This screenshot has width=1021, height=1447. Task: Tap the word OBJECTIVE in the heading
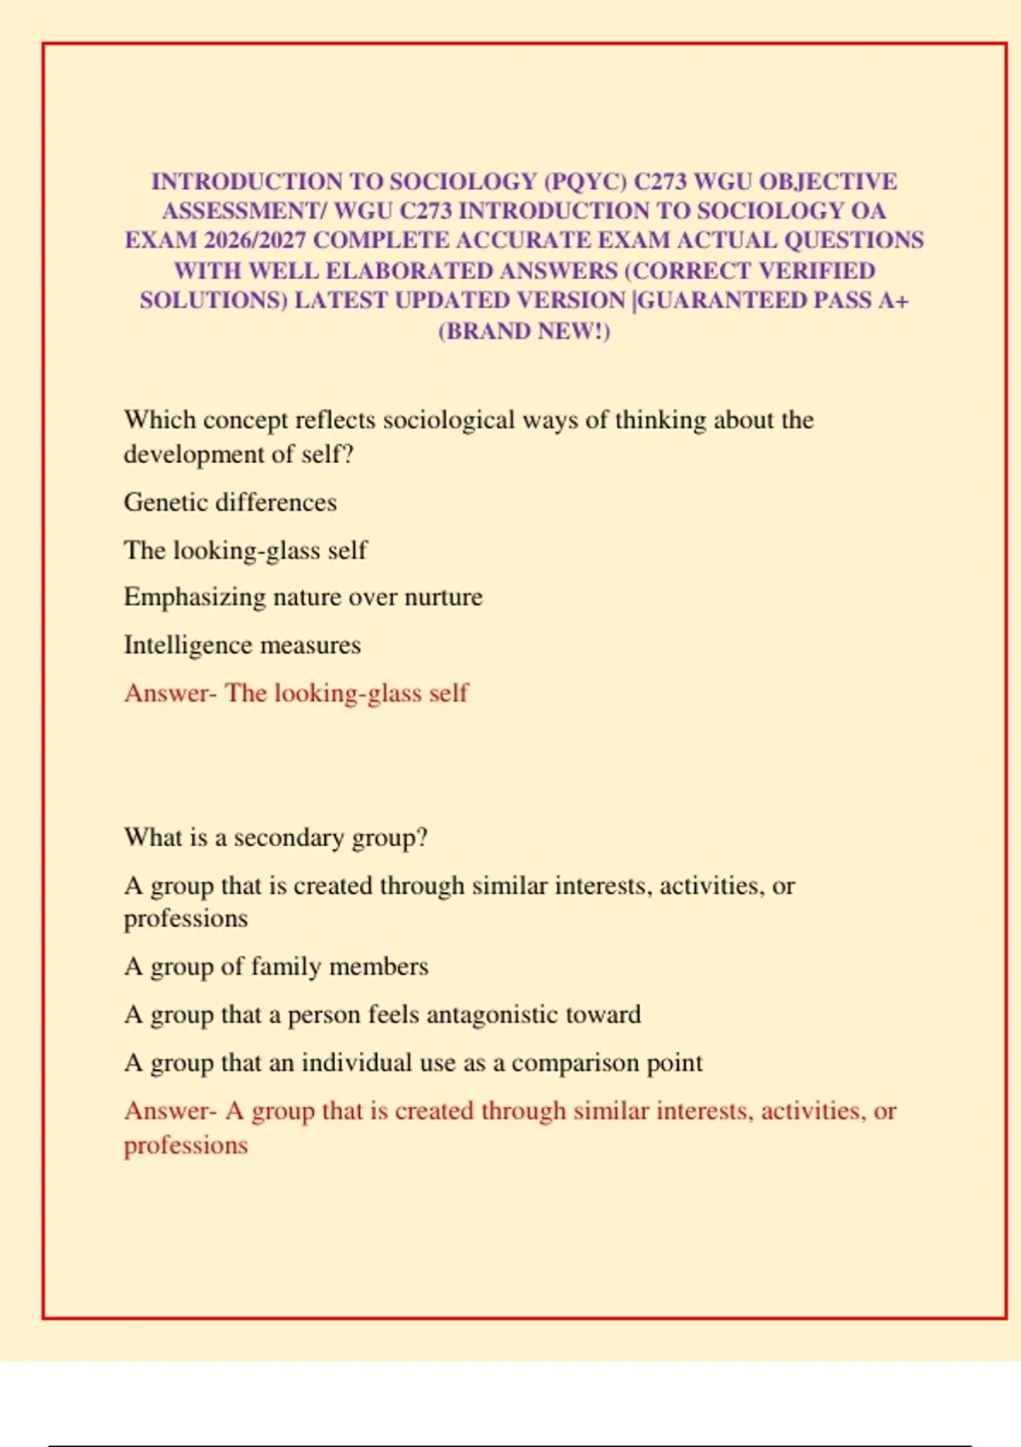(x=828, y=181)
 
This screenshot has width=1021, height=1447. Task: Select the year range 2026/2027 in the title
(x=254, y=240)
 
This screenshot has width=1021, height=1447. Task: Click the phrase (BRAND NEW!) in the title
(x=524, y=330)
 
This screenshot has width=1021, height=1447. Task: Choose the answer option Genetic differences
(x=231, y=502)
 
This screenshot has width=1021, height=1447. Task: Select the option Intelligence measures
(x=242, y=645)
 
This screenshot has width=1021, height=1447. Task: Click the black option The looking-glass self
(x=246, y=550)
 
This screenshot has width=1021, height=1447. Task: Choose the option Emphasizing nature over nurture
(x=303, y=598)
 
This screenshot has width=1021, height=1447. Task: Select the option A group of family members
(x=277, y=967)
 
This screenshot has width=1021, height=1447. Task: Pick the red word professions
(x=186, y=1145)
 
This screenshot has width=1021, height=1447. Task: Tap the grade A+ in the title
(x=894, y=300)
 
